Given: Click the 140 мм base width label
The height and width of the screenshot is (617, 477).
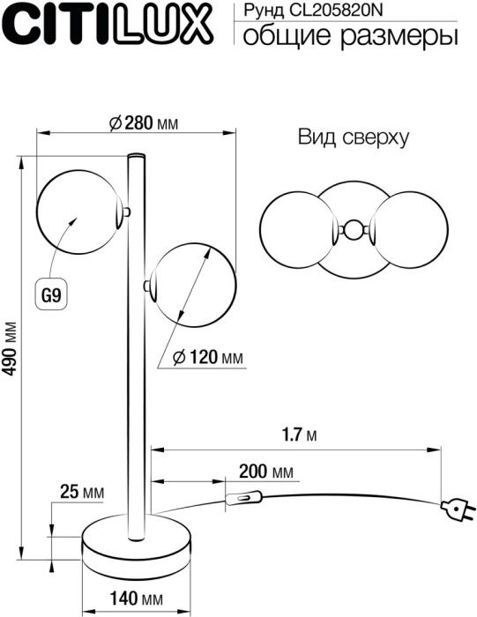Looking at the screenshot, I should point(138,599).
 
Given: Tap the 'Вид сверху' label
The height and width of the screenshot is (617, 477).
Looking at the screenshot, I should point(351,138).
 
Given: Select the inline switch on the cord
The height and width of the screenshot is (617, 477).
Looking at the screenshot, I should point(245,499).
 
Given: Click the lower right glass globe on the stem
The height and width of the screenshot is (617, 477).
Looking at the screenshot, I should point(193,284).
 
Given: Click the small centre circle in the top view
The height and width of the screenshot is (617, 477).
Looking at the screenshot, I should point(353,231).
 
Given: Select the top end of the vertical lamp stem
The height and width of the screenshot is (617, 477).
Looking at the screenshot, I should point(138,159).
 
